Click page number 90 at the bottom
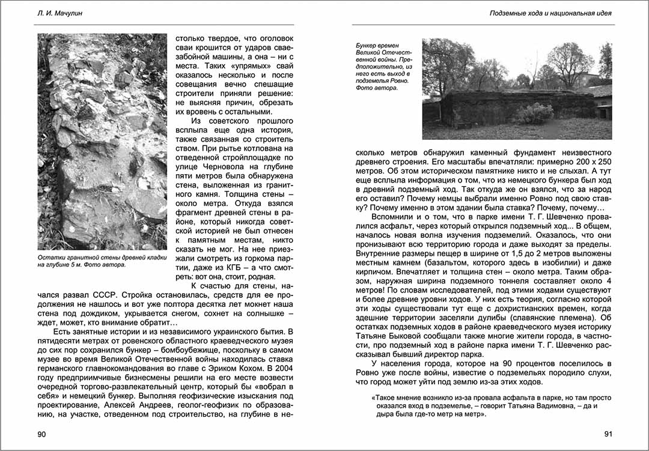point(41,434)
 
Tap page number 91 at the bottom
point(608,434)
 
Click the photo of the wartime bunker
point(517,89)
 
